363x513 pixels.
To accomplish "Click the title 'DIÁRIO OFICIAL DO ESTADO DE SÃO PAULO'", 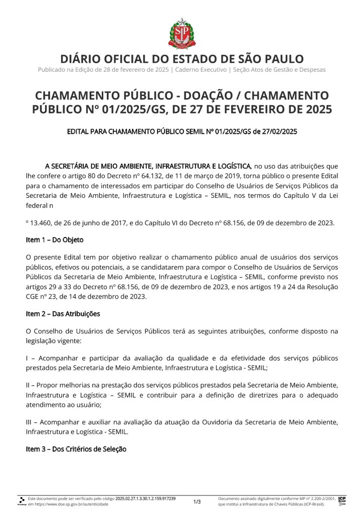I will click(181, 59).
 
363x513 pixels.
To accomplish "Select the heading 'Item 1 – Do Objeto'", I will click(55, 240).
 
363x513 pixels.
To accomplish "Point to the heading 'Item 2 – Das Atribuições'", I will click(63, 314).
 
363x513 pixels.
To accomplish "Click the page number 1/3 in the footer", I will click(197, 501).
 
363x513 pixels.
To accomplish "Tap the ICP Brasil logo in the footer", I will click(342, 500).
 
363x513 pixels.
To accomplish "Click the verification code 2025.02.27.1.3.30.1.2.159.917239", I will click(145, 499).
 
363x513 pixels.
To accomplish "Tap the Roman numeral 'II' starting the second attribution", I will click(29, 384).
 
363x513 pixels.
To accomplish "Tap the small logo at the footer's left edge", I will click(22, 501).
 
